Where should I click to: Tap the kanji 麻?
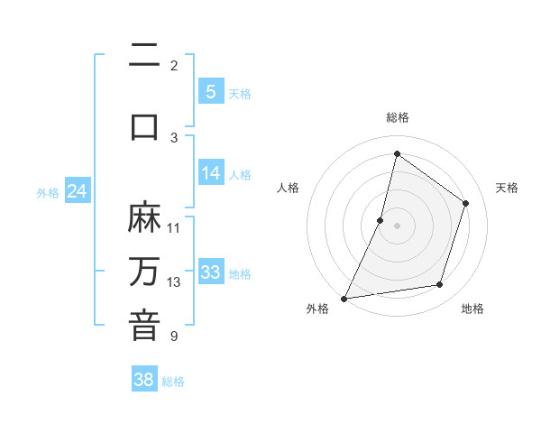tap(144, 217)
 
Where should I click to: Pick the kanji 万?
tap(144, 271)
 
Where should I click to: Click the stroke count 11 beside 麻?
tap(174, 227)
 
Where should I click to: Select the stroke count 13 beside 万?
tap(174, 282)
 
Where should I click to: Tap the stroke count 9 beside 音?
tap(174, 336)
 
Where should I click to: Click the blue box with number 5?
tap(210, 91)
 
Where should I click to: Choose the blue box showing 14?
tap(210, 173)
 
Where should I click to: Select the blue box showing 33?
tap(210, 272)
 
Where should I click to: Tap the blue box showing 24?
tap(77, 191)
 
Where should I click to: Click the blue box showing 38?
tap(144, 380)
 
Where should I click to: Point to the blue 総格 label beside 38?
tap(173, 382)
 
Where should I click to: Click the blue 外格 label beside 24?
tap(48, 192)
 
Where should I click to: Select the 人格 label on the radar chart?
tap(288, 188)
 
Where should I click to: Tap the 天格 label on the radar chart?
tap(507, 188)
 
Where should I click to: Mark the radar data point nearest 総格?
tap(396, 154)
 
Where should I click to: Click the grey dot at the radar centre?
tap(397, 226)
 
